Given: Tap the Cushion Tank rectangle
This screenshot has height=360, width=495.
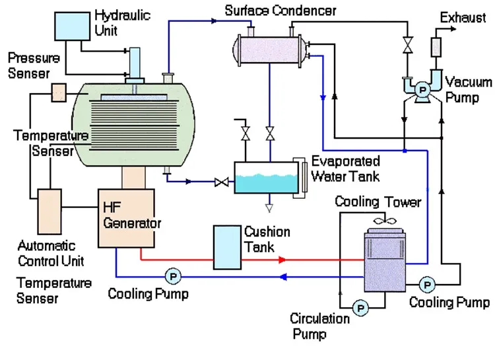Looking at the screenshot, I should point(226,247).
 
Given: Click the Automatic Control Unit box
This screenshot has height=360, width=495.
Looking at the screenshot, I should point(48,211).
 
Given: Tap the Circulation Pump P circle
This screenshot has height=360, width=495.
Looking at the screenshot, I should point(360,306).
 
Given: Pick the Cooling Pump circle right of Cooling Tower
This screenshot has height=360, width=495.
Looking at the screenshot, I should point(428,285).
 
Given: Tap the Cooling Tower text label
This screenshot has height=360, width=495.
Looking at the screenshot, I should point(378,201).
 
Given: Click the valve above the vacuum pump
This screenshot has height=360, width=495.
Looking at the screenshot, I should point(407,46).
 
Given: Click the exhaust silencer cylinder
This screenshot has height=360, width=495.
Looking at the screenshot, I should point(435,47).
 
